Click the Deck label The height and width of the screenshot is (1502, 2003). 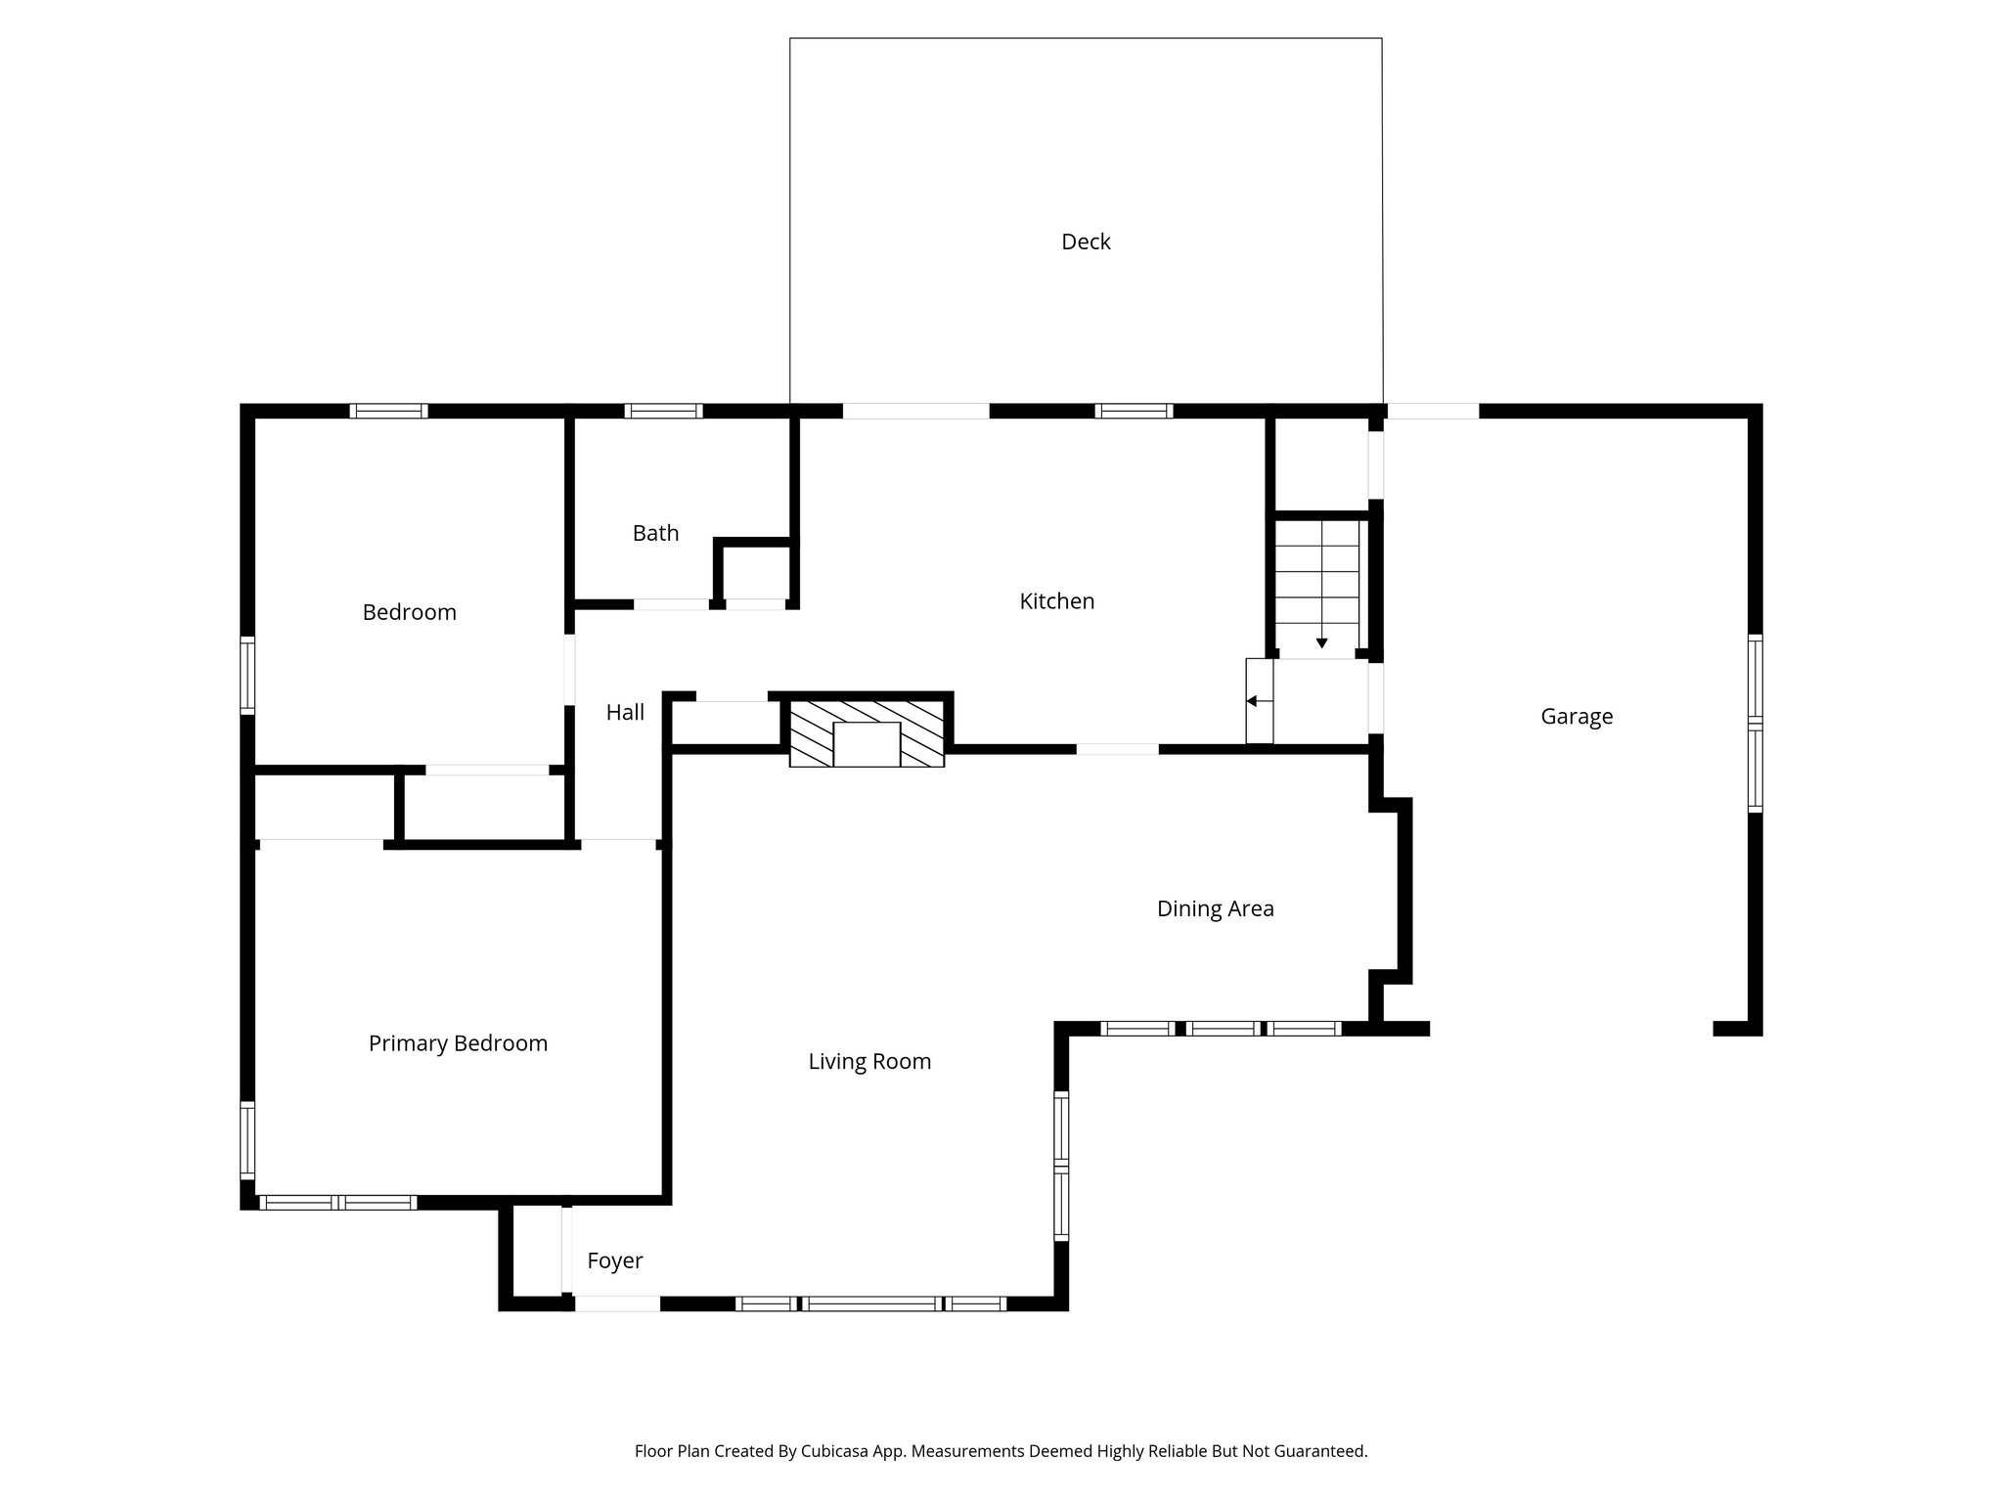point(1086,242)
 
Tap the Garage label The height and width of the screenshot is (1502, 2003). point(1576,717)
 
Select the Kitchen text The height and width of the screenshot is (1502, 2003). point(1056,601)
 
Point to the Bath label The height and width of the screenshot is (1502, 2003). point(655,533)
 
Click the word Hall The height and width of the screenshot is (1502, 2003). point(625,713)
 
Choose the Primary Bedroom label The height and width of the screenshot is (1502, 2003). point(458,1043)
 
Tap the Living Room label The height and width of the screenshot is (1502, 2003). point(869,1061)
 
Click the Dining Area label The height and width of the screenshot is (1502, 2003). point(1215,908)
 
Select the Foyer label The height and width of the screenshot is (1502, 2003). point(614,1260)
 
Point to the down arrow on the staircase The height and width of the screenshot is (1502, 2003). point(1321,642)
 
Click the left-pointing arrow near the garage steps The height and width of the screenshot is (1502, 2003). point(1252,701)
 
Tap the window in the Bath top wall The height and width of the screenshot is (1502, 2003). point(663,411)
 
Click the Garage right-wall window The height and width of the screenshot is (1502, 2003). point(1755,724)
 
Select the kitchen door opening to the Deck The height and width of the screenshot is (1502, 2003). point(915,411)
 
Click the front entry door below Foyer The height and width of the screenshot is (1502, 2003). point(616,1303)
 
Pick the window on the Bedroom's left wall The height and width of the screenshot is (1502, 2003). point(247,675)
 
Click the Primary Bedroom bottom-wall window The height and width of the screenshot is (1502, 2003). point(337,1203)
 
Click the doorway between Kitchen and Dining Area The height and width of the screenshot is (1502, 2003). point(1117,749)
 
